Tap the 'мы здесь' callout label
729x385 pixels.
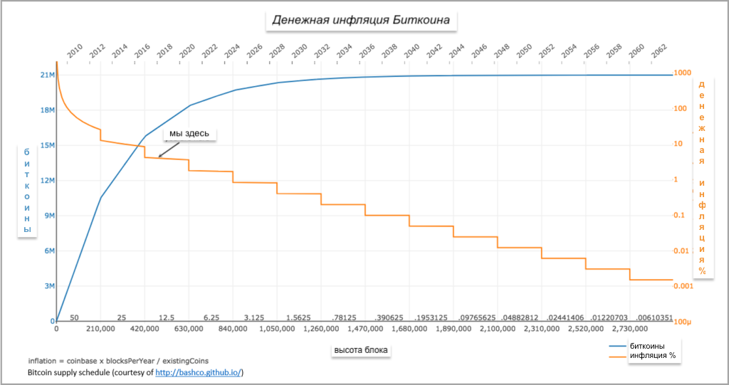[189, 134]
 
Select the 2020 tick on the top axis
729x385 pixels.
[187, 51]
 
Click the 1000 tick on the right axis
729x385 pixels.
[683, 73]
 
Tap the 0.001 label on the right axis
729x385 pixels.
[683, 286]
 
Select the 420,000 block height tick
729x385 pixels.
[145, 329]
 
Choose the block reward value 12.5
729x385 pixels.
[167, 317]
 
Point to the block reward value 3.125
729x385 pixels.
[254, 317]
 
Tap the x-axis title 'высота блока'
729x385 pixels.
[362, 350]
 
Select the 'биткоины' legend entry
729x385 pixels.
[647, 346]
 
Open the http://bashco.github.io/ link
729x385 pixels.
[199, 372]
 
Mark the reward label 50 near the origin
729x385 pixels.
[74, 317]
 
